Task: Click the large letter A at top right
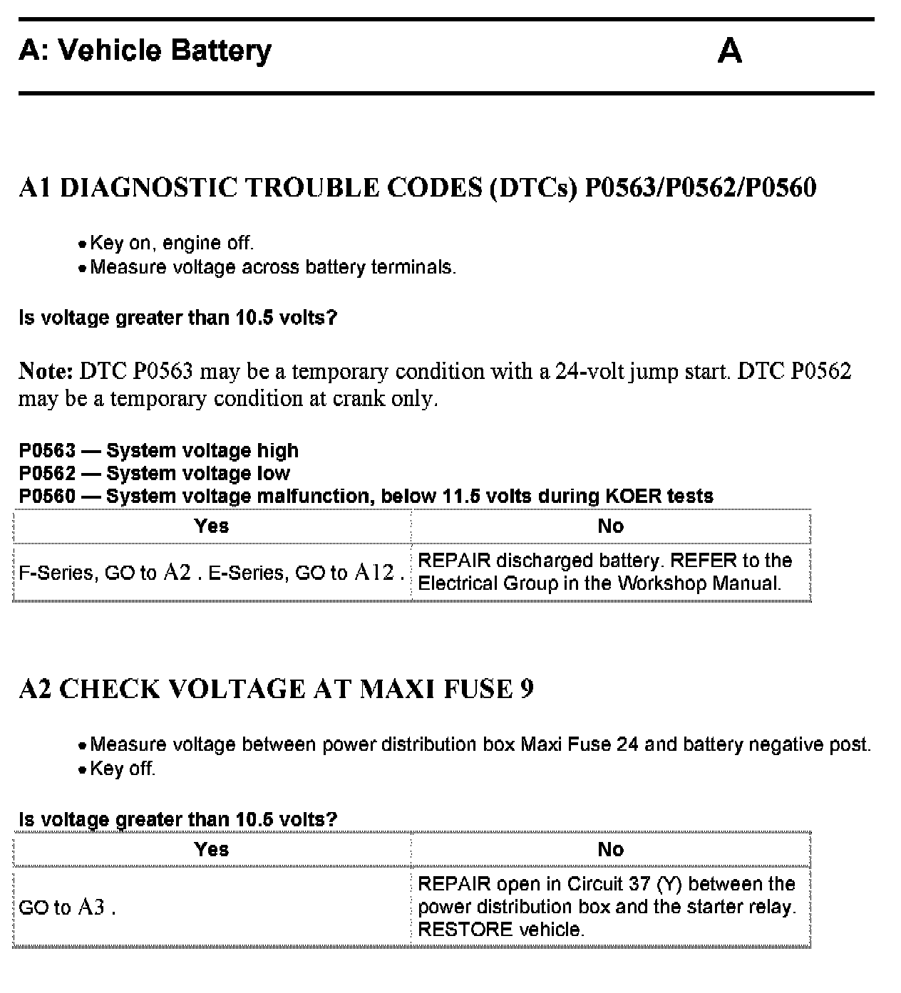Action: pyautogui.click(x=729, y=51)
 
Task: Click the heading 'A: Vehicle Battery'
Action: pyautogui.click(x=145, y=51)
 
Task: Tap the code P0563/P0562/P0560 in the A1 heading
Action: pyautogui.click(x=700, y=188)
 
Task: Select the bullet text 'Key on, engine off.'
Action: pyautogui.click(x=172, y=244)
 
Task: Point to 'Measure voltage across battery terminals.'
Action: pyautogui.click(x=273, y=268)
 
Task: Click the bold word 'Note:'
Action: pyautogui.click(x=46, y=372)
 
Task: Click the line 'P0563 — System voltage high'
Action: pyautogui.click(x=159, y=451)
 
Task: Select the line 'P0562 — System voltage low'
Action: pyautogui.click(x=155, y=474)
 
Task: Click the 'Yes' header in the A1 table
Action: pyautogui.click(x=212, y=526)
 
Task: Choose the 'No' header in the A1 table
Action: pyautogui.click(x=611, y=526)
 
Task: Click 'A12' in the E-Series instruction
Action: pyautogui.click(x=374, y=573)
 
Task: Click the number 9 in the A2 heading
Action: pyautogui.click(x=527, y=690)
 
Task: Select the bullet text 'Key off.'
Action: pyautogui.click(x=123, y=769)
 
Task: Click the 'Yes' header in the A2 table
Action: pyautogui.click(x=212, y=850)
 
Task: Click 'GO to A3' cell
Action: pyautogui.click(x=67, y=908)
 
